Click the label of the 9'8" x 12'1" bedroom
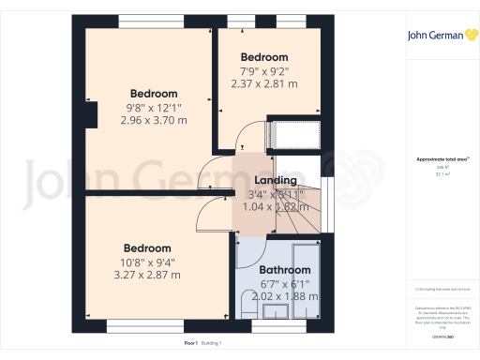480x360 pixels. (x=153, y=93)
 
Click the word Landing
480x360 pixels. (x=276, y=180)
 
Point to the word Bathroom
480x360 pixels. (x=284, y=270)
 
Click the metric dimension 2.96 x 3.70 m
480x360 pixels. (x=153, y=120)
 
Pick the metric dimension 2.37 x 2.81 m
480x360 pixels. (x=263, y=83)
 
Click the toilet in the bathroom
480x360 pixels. (x=249, y=304)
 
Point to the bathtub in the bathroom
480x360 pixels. (x=307, y=281)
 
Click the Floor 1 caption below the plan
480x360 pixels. (x=190, y=345)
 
